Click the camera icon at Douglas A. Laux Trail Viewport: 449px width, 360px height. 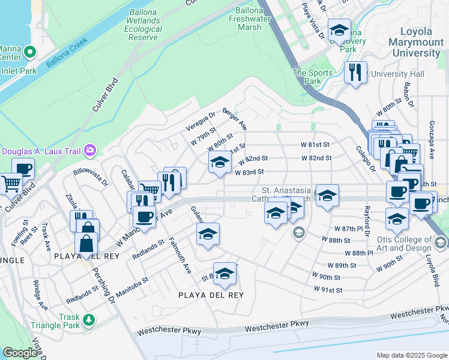[x=91, y=150]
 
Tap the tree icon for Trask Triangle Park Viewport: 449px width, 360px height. [x=89, y=319]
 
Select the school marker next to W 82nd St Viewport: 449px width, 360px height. [x=220, y=161]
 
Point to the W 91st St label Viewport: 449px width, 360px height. [x=327, y=290]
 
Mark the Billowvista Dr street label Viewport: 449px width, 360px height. [x=91, y=175]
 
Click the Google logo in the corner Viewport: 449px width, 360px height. [x=20, y=353]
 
